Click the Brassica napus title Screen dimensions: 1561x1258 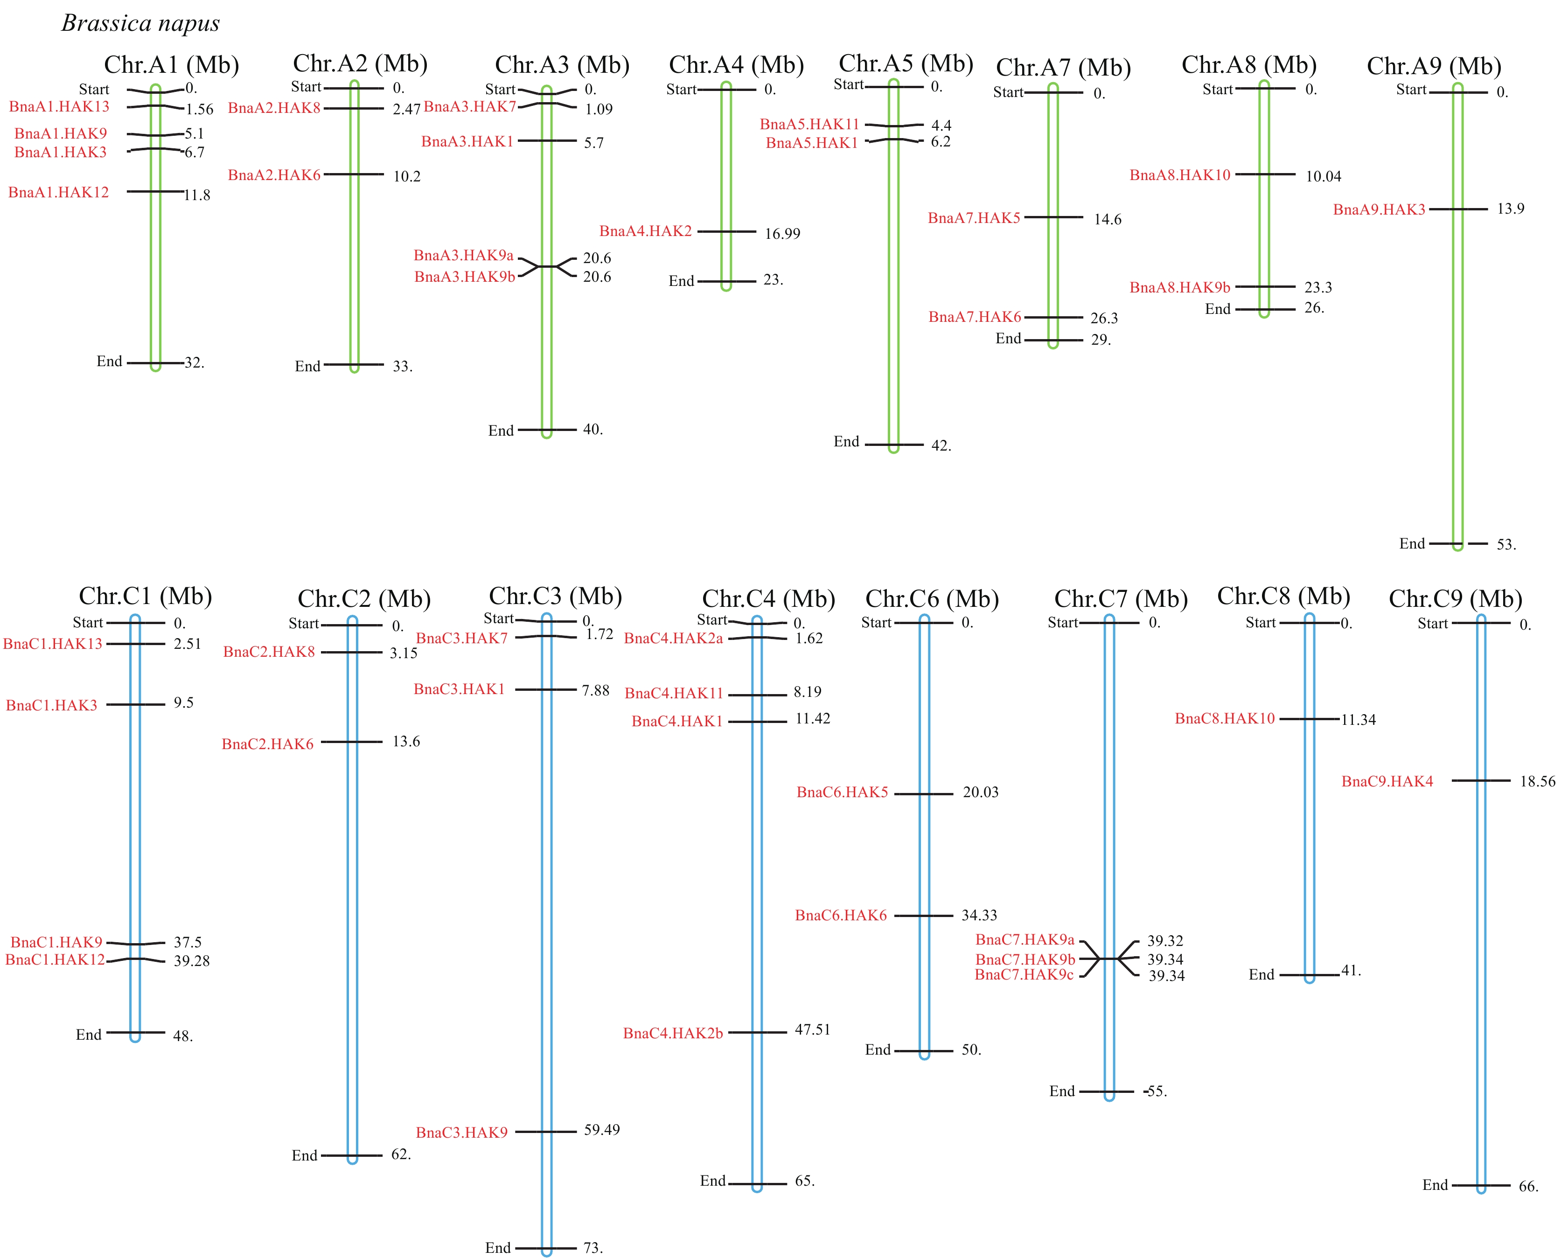point(140,23)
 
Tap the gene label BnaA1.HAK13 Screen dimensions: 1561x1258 point(59,106)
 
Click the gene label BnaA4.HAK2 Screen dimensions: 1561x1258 point(646,231)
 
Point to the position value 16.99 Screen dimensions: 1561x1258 point(783,233)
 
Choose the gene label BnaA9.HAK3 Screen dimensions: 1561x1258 point(1379,209)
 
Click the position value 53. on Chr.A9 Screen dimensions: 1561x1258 point(1506,544)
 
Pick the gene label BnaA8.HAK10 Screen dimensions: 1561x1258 point(1180,174)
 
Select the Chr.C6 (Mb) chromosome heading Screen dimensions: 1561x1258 point(932,598)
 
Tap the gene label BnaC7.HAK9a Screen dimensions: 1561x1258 point(1024,940)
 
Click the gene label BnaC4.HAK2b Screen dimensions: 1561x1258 point(673,1033)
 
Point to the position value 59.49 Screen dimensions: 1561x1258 point(602,1130)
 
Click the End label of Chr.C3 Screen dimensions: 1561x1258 point(498,1248)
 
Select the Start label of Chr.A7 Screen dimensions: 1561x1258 point(1008,92)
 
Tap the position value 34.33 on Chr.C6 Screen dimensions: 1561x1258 point(979,915)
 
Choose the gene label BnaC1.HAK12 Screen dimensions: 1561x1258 point(55,959)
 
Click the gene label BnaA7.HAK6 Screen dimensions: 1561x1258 point(975,317)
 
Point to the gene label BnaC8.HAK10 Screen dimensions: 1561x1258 point(1225,718)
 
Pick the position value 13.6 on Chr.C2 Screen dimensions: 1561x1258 point(406,741)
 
